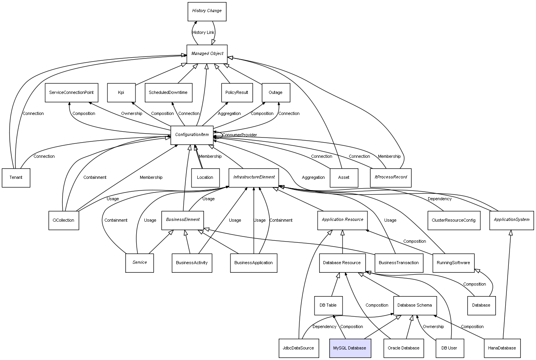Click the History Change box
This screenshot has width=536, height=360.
click(207, 11)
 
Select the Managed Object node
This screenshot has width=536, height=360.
click(207, 54)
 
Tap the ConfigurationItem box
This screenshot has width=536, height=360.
click(192, 135)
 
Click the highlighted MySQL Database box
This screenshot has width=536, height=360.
click(350, 348)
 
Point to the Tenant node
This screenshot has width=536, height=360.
click(16, 178)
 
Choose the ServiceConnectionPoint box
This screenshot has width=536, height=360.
click(71, 93)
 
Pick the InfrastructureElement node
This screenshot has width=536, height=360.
click(254, 177)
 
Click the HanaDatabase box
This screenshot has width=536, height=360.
click(502, 348)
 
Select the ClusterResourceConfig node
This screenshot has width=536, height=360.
click(453, 220)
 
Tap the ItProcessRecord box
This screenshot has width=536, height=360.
click(390, 177)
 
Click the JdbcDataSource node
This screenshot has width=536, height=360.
click(298, 348)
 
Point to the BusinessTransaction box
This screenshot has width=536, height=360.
click(399, 263)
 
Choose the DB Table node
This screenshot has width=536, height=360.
click(328, 305)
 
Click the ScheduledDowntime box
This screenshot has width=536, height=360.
click(168, 93)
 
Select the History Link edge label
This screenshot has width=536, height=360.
click(203, 33)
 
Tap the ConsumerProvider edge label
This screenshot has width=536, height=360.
click(239, 135)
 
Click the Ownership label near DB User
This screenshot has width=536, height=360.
click(433, 327)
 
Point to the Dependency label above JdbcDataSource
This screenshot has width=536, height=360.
click(324, 327)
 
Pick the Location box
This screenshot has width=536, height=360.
click(205, 178)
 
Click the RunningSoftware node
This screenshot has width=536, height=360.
click(453, 263)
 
